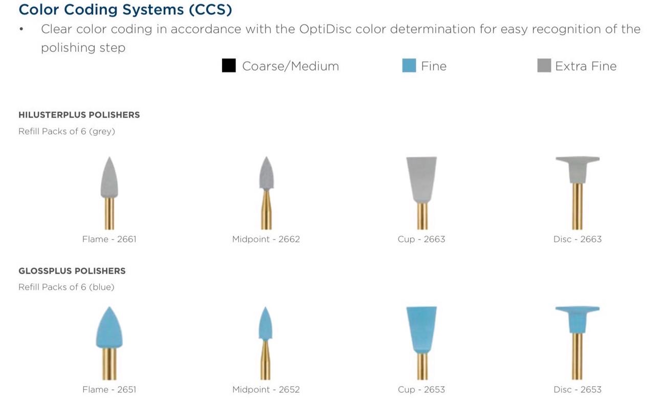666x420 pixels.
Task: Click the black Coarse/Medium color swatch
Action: [229, 66]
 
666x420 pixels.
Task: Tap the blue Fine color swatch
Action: [409, 66]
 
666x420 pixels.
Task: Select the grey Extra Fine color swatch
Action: [544, 66]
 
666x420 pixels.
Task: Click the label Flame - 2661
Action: [109, 239]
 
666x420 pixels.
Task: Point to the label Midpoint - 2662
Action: [266, 239]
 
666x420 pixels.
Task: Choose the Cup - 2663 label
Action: [421, 239]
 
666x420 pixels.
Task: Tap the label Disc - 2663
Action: [578, 239]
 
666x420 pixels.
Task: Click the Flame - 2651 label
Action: [109, 389]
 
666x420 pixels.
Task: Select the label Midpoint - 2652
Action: [266, 389]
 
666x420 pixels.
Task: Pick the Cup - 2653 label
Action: [421, 389]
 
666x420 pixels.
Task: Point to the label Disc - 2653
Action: [578, 389]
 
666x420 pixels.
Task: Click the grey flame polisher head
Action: [109, 179]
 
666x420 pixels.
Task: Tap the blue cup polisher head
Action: [421, 329]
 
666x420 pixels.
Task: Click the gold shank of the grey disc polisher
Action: [578, 206]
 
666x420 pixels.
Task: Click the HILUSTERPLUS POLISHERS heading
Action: [79, 115]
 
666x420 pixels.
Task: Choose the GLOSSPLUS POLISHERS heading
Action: [72, 271]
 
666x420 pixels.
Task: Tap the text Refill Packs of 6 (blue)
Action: [66, 287]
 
